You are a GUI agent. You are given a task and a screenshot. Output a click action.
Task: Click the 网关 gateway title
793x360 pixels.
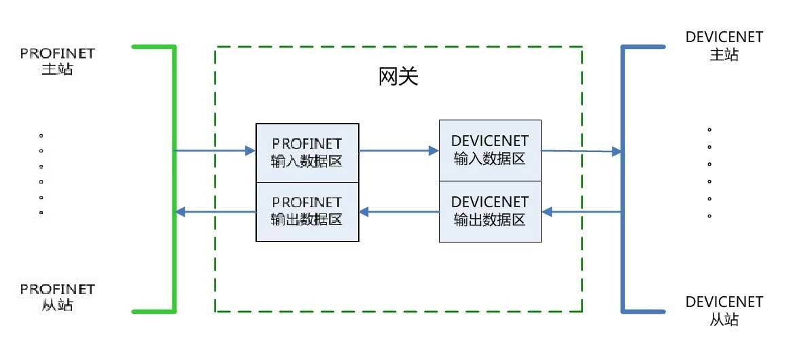pos(398,77)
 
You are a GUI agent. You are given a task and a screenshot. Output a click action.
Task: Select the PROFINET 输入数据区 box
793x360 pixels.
pos(306,152)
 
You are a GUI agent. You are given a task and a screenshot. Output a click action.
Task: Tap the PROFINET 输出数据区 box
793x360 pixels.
pos(306,211)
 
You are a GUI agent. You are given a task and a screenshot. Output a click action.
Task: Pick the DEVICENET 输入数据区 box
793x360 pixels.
pos(490,150)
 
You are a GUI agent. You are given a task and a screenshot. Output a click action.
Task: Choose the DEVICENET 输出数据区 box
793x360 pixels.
pos(490,211)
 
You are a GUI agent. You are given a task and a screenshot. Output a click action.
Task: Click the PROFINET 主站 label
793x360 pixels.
pos(58,61)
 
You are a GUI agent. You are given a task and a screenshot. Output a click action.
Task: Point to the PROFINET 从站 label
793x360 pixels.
pos(58,298)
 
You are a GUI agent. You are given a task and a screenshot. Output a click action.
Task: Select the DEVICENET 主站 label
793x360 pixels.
pos(724,46)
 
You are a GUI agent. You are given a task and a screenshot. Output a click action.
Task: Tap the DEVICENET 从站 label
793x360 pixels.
pos(724,310)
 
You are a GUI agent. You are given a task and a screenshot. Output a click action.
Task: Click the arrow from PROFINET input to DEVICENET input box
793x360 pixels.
pos(399,151)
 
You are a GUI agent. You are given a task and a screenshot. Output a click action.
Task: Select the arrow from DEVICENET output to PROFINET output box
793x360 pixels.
pos(399,212)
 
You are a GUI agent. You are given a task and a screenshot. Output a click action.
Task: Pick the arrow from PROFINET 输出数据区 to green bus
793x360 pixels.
pos(215,212)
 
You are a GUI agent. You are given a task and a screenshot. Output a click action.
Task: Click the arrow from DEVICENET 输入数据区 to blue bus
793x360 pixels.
pos(582,151)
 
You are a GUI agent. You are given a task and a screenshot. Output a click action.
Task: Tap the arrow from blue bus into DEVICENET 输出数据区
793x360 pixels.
pos(582,212)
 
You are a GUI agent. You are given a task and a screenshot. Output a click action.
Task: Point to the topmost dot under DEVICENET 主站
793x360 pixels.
pos(709,129)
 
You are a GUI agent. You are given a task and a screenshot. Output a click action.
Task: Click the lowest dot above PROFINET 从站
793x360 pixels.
pos(41,213)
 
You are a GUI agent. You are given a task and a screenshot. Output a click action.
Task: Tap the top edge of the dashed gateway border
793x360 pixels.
pos(399,47)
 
